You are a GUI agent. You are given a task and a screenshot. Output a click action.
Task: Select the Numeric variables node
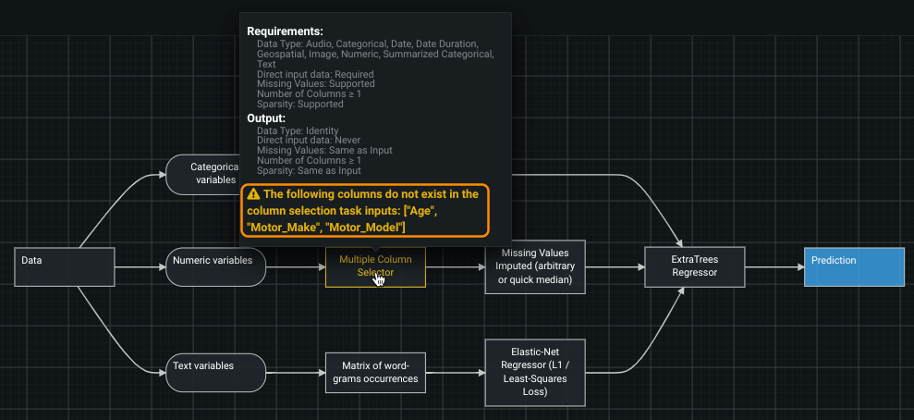coord(216,267)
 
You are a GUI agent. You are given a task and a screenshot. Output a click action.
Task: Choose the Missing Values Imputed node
coord(535,266)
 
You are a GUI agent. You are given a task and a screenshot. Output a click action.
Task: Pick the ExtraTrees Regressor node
coord(693,266)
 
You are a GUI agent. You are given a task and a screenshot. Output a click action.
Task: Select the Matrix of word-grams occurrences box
coord(374,372)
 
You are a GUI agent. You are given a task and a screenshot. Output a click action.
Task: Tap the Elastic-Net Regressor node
coord(535,372)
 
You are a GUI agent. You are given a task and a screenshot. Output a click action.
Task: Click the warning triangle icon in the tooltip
coord(253,194)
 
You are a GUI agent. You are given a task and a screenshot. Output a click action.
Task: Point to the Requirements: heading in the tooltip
coord(285,31)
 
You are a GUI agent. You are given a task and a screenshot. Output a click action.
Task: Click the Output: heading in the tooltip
coord(266,118)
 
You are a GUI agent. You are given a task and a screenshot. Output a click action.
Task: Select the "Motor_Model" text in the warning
coord(366,227)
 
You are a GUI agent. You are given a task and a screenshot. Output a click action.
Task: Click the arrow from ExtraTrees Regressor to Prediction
coord(774,267)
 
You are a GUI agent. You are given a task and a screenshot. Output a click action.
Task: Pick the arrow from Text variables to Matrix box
coord(296,372)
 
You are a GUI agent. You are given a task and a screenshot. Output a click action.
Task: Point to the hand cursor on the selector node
coord(379,279)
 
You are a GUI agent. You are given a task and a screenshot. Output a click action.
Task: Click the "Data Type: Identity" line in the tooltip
coord(298,130)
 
